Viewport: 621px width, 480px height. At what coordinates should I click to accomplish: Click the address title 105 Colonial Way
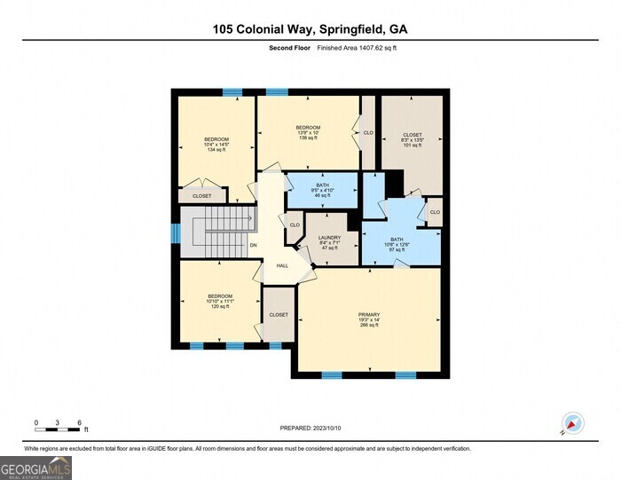click(x=310, y=29)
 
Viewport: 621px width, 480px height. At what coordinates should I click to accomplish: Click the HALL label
click(x=282, y=265)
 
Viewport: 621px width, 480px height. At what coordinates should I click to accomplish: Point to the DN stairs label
click(x=253, y=245)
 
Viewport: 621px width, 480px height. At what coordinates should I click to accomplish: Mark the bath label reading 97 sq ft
click(x=397, y=244)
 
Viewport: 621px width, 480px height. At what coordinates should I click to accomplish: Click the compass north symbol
click(x=570, y=424)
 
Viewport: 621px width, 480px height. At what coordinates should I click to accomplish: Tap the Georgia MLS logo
click(x=35, y=467)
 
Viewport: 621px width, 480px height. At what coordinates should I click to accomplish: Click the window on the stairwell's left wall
click(x=175, y=232)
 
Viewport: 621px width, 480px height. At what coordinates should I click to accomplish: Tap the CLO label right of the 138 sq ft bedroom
click(x=367, y=133)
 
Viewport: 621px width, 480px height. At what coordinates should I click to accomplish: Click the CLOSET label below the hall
click(x=279, y=315)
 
